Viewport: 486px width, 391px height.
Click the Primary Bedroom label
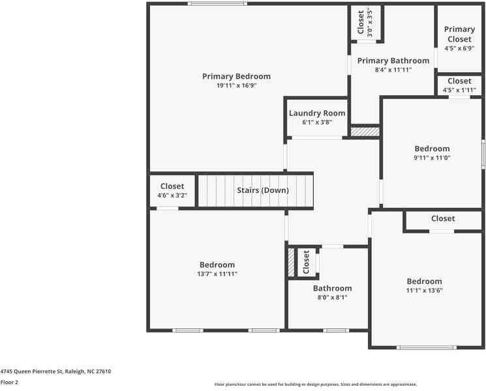pyautogui.click(x=237, y=76)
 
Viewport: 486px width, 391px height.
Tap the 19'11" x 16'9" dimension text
pyautogui.click(x=237, y=85)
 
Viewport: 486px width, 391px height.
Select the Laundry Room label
pyautogui.click(x=317, y=113)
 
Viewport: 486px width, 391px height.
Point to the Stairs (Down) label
pyautogui.click(x=263, y=190)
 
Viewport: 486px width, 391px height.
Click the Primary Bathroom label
pyautogui.click(x=393, y=61)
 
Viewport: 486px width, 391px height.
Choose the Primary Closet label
pyautogui.click(x=459, y=34)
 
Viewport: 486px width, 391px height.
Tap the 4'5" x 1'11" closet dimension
pyautogui.click(x=459, y=90)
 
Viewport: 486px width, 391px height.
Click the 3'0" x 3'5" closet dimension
pyautogui.click(x=370, y=23)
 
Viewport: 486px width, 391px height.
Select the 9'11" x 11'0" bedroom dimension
pyautogui.click(x=432, y=158)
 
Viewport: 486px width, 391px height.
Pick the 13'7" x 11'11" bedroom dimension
pyautogui.click(x=217, y=274)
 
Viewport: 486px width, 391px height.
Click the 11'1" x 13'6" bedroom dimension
pyautogui.click(x=424, y=291)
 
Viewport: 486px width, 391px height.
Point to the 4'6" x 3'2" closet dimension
pyautogui.click(x=172, y=195)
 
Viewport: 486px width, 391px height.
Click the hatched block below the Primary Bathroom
pyautogui.click(x=365, y=132)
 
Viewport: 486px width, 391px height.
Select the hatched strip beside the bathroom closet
pyautogui.click(x=291, y=263)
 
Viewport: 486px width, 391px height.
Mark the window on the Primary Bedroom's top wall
pyautogui.click(x=218, y=3)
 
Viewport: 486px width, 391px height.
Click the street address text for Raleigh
pyautogui.click(x=55, y=371)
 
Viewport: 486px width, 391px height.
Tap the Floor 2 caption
pyautogui.click(x=9, y=383)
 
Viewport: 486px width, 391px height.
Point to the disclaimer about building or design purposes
pyautogui.click(x=316, y=384)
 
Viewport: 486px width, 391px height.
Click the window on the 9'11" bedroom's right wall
pyautogui.click(x=483, y=154)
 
